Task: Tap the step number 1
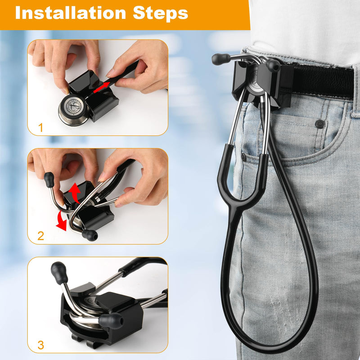pyautogui.click(x=41, y=127)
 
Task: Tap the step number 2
pyautogui.click(x=40, y=236)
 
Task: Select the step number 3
pyautogui.click(x=41, y=345)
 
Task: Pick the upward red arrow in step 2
pyautogui.click(x=74, y=191)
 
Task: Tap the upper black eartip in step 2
pyautogui.click(x=49, y=179)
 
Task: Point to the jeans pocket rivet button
pyautogui.click(x=320, y=123)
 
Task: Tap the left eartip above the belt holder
pyautogui.click(x=221, y=59)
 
